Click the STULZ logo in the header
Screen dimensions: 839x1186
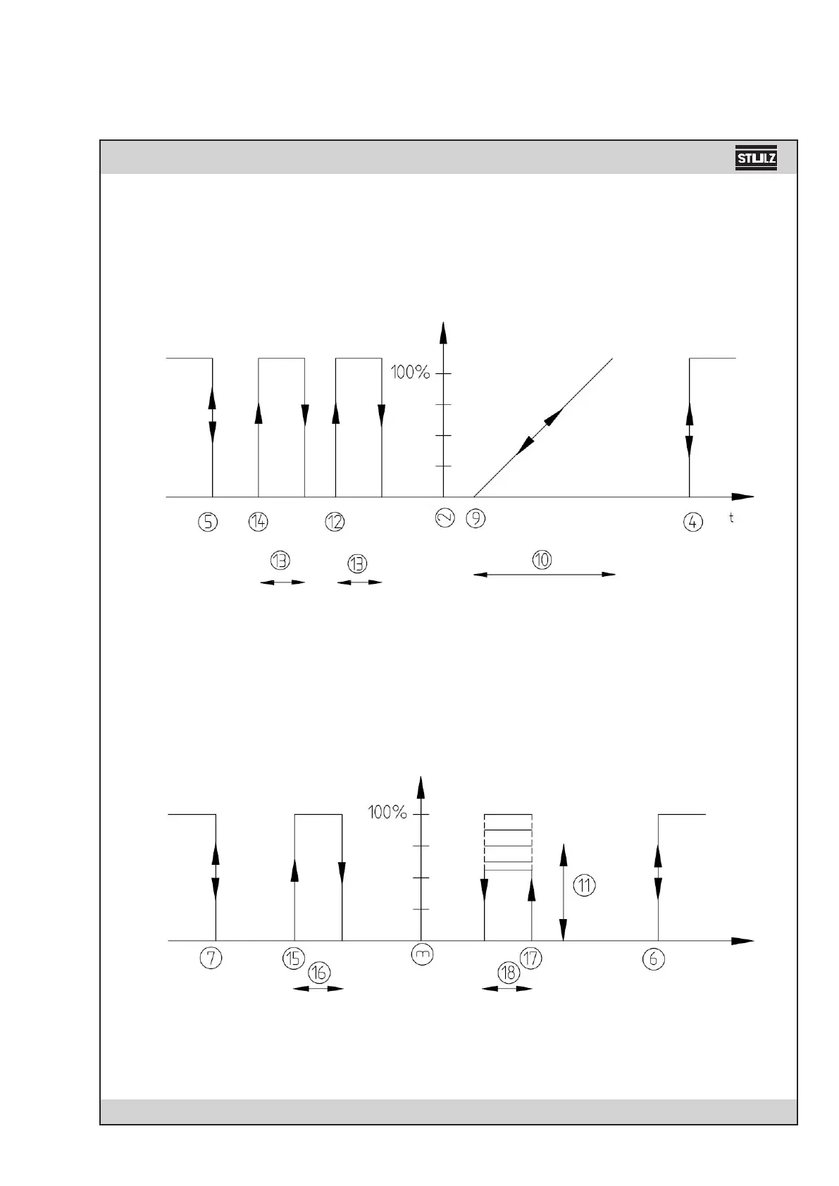click(756, 158)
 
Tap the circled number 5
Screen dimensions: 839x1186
click(208, 522)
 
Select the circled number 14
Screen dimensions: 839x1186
click(259, 522)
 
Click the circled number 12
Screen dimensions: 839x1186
click(335, 522)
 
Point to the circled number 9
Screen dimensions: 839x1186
click(477, 518)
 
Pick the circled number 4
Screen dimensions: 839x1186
click(693, 523)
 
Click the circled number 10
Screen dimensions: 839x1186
click(542, 560)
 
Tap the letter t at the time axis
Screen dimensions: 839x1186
click(732, 518)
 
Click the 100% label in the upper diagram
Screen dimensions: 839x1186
click(411, 373)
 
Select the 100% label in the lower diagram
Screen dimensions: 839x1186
click(388, 813)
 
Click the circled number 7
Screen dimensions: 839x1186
click(211, 958)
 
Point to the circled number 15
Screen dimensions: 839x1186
click(294, 958)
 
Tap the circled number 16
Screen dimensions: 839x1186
click(319, 973)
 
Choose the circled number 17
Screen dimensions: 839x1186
click(530, 958)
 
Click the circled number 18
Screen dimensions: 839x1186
click(507, 973)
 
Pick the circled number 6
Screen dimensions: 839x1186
click(654, 959)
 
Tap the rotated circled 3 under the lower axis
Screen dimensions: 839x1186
click(421, 954)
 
